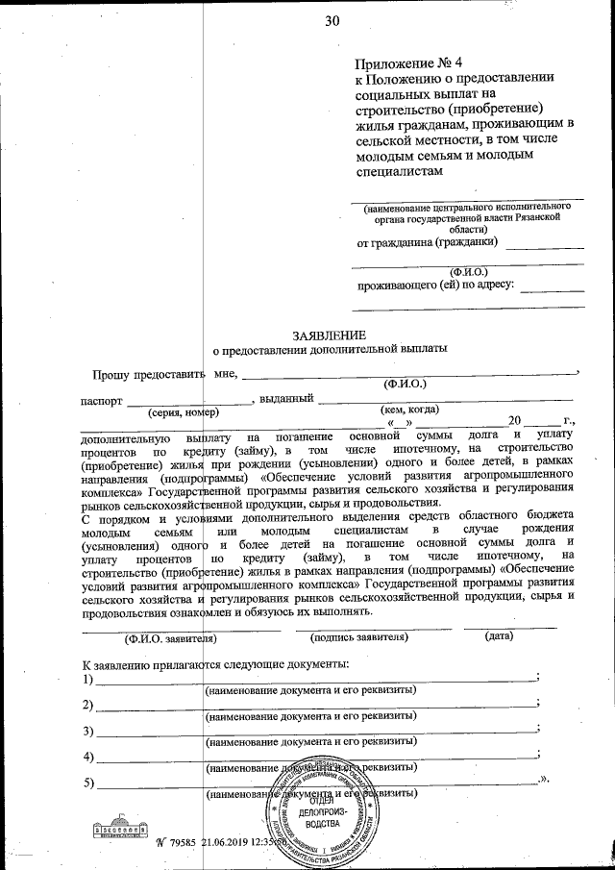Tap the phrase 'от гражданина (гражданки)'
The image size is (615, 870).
coord(422,243)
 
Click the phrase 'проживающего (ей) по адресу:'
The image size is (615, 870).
coord(436,285)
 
